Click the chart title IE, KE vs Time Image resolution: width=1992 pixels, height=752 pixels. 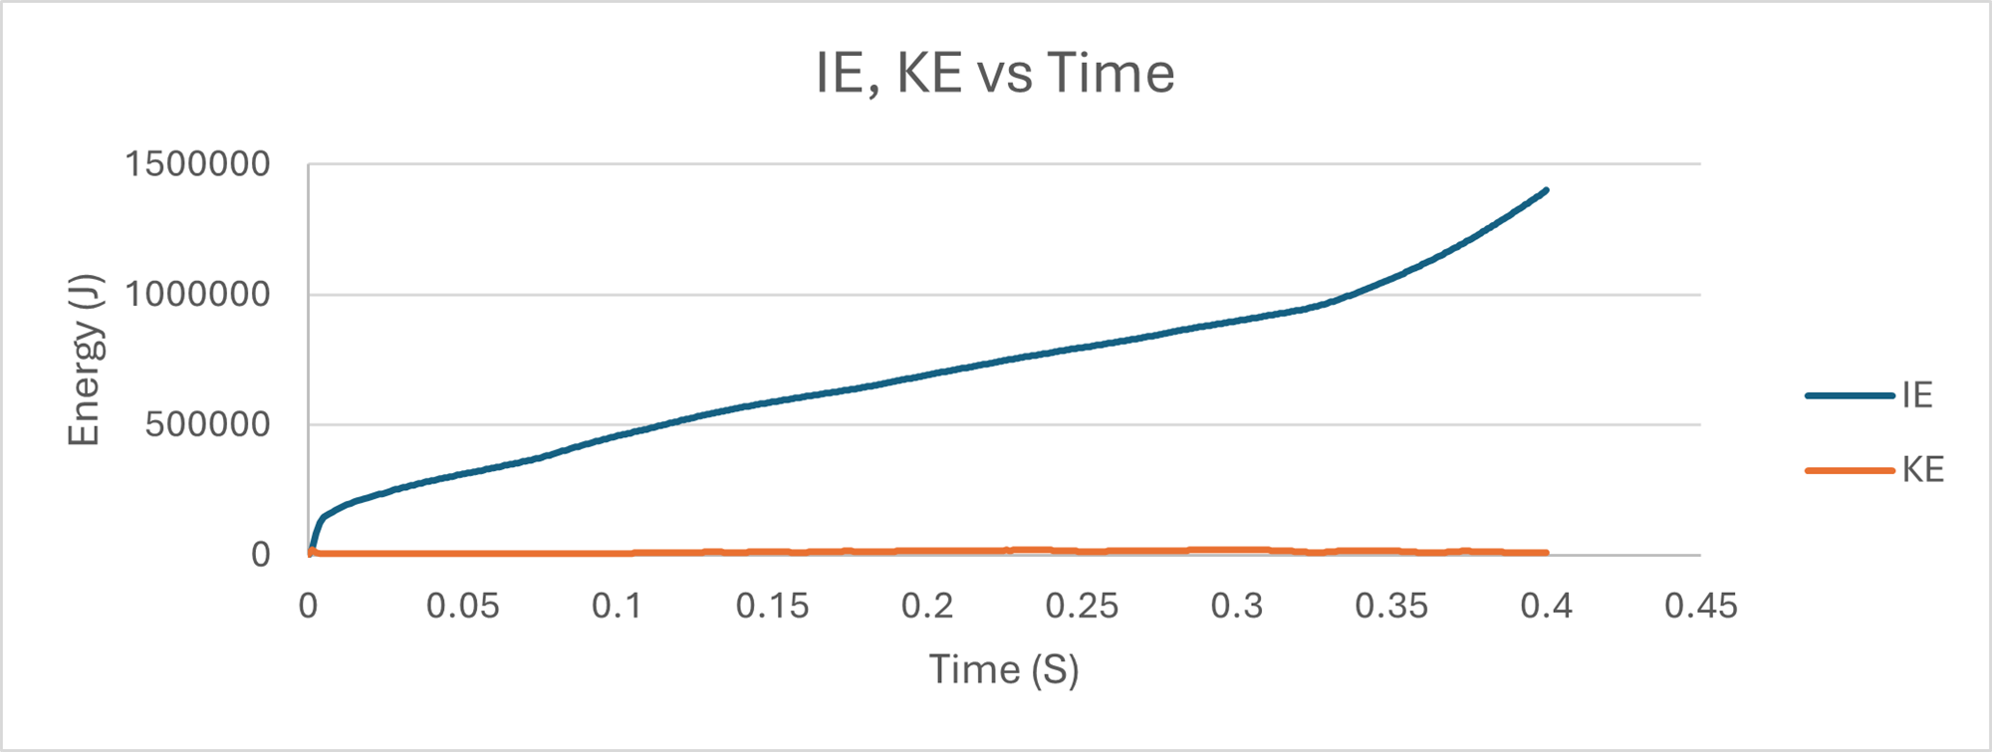coord(995,74)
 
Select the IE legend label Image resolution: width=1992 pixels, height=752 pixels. coord(1917,395)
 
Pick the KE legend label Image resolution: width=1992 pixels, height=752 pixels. coord(1923,470)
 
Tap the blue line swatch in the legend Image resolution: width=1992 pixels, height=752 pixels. coord(1850,395)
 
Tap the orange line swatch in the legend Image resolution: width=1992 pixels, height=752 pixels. coord(1850,470)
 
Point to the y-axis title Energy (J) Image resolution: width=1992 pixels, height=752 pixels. coord(85,360)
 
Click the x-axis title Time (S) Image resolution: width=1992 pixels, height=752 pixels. coord(1004,669)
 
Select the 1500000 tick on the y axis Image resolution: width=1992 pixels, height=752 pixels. coord(197,164)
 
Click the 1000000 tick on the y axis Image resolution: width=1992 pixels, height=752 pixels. coord(197,295)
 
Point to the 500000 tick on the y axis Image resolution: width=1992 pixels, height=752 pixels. coord(207,425)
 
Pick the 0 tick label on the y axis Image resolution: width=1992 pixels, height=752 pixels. coord(260,555)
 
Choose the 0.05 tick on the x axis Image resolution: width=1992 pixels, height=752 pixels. coord(463,606)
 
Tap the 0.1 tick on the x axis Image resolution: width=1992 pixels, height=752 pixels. coord(618,606)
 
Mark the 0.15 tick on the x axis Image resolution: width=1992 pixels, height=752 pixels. coord(773,606)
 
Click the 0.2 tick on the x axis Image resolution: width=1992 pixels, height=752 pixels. coord(927,606)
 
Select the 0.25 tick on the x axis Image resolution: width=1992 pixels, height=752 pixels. coord(1082,606)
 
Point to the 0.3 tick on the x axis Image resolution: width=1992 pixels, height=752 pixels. coord(1237,606)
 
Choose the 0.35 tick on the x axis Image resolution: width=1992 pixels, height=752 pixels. coord(1391,606)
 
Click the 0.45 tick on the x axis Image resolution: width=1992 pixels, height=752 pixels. coord(1701,606)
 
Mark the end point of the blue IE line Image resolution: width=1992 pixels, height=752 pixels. coord(1546,189)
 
